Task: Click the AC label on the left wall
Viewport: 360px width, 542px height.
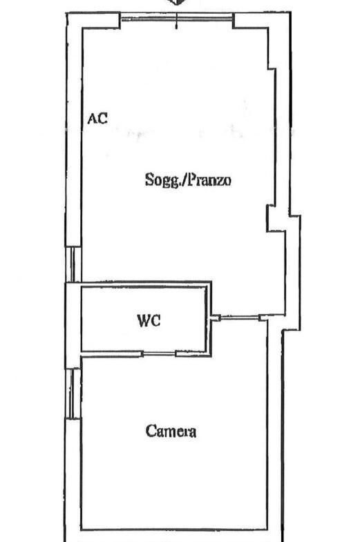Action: click(97, 119)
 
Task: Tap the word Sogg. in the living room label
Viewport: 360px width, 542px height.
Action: click(163, 180)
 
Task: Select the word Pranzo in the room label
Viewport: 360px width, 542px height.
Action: click(209, 180)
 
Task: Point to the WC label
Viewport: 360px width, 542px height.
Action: click(149, 320)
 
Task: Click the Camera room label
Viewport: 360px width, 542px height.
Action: click(171, 431)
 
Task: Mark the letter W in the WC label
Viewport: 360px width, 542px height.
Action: click(144, 320)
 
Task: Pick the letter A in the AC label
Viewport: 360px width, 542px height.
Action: click(92, 119)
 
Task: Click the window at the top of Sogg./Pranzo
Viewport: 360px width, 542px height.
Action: click(176, 17)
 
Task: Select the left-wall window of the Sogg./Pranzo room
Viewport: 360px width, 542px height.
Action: click(73, 264)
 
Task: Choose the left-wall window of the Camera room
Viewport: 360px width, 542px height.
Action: click(73, 394)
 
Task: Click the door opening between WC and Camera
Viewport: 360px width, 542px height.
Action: click(160, 354)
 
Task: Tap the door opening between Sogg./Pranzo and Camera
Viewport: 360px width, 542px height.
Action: click(239, 317)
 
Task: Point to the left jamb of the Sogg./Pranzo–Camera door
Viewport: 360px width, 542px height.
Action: click(216, 318)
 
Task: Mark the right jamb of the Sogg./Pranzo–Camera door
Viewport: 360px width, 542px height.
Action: click(263, 318)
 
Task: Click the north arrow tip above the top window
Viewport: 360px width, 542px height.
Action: click(177, 5)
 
